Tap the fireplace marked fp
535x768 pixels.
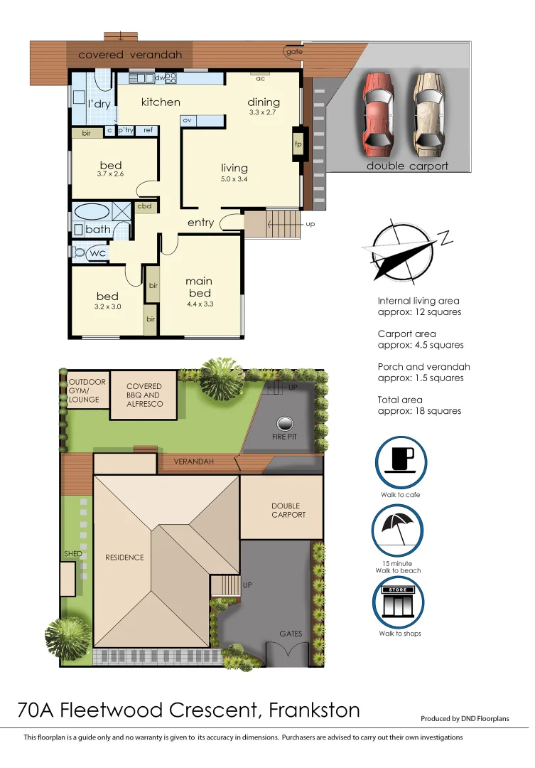(x=298, y=144)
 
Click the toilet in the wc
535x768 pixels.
(x=79, y=252)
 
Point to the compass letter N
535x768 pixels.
(x=445, y=238)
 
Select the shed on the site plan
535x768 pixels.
(x=68, y=579)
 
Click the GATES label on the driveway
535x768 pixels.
(x=291, y=634)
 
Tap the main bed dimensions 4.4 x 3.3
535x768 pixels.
(x=199, y=304)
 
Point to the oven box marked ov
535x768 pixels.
(x=187, y=121)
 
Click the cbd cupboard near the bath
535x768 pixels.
(x=145, y=206)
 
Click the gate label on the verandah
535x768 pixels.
(x=292, y=52)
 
